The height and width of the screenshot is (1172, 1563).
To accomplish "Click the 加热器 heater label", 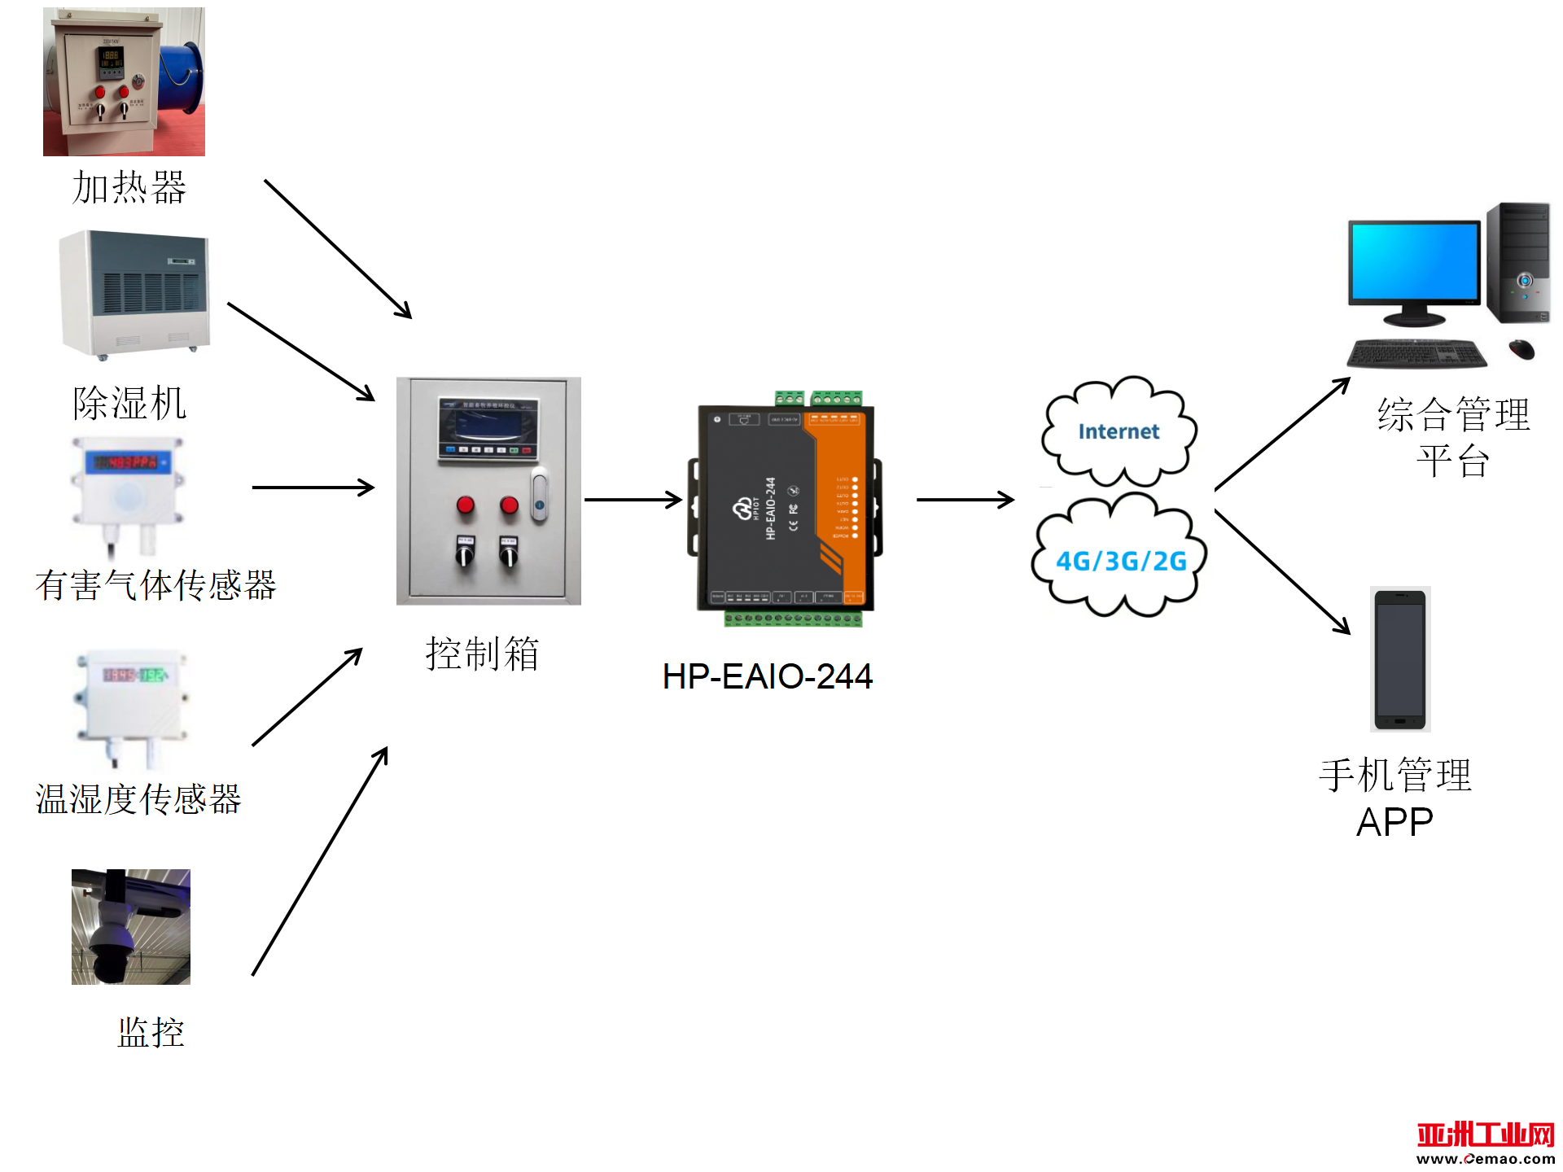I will click(129, 187).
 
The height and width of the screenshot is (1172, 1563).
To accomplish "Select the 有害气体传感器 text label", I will click(155, 585).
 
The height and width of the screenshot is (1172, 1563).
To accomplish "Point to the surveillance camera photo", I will click(131, 926).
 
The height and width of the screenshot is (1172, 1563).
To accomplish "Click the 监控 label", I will click(151, 1032).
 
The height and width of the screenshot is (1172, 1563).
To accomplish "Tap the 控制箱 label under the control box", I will click(482, 654).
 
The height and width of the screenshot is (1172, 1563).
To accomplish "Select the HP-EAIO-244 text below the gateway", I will click(767, 676).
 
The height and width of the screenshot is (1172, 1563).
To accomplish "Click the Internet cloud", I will click(1119, 431).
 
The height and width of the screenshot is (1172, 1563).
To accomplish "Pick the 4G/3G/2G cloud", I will click(1120, 560).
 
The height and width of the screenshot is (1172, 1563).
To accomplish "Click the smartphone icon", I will click(1399, 659).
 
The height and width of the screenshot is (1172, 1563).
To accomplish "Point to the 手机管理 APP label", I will click(1395, 798).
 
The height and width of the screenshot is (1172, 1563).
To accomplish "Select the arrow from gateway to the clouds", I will click(965, 500).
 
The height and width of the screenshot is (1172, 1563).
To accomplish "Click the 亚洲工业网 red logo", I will click(1485, 1135).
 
